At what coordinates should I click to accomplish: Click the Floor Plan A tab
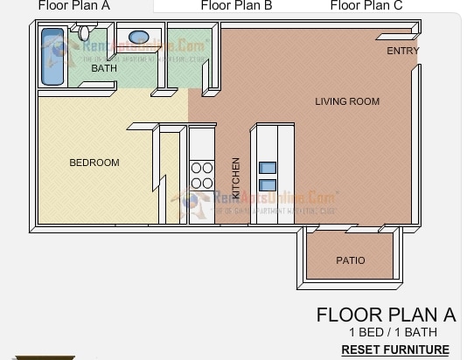coord(73,5)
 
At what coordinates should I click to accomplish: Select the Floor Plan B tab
coord(236,5)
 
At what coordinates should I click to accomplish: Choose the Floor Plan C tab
coord(366,5)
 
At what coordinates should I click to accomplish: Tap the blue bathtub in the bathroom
coord(53,56)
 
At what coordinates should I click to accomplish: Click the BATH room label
coord(104,68)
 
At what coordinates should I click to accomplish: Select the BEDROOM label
coord(94,163)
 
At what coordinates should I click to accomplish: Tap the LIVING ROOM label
coord(347,101)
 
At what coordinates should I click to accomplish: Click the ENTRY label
coord(402,52)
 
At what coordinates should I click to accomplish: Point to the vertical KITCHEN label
coord(236,177)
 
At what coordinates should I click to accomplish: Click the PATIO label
coord(350,260)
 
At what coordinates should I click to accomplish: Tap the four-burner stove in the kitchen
coord(202,176)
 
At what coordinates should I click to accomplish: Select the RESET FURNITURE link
coord(394,350)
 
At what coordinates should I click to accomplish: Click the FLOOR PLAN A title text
coord(386,315)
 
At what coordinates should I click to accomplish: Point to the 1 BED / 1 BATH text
coord(393,332)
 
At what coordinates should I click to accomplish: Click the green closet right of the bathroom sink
coord(185,57)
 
